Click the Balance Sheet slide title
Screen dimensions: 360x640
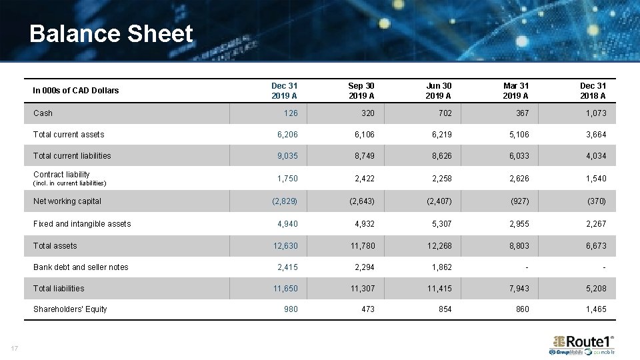111,34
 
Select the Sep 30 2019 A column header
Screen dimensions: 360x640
361,91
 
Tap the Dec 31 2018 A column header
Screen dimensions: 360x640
593,91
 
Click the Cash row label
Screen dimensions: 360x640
43,113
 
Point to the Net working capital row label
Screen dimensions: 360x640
67,201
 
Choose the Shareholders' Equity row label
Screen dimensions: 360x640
70,309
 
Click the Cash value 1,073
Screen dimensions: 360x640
595,113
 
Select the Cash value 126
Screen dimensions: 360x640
291,113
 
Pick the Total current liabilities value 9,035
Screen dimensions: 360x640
287,156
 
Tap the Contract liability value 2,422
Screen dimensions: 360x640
365,179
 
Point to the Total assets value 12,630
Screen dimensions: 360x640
285,246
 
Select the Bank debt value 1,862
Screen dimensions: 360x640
441,267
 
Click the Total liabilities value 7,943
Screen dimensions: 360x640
519,289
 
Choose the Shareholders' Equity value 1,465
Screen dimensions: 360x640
595,309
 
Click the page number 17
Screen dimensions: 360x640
14,347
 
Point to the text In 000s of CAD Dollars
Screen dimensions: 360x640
76,91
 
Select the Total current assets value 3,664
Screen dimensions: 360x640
595,135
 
